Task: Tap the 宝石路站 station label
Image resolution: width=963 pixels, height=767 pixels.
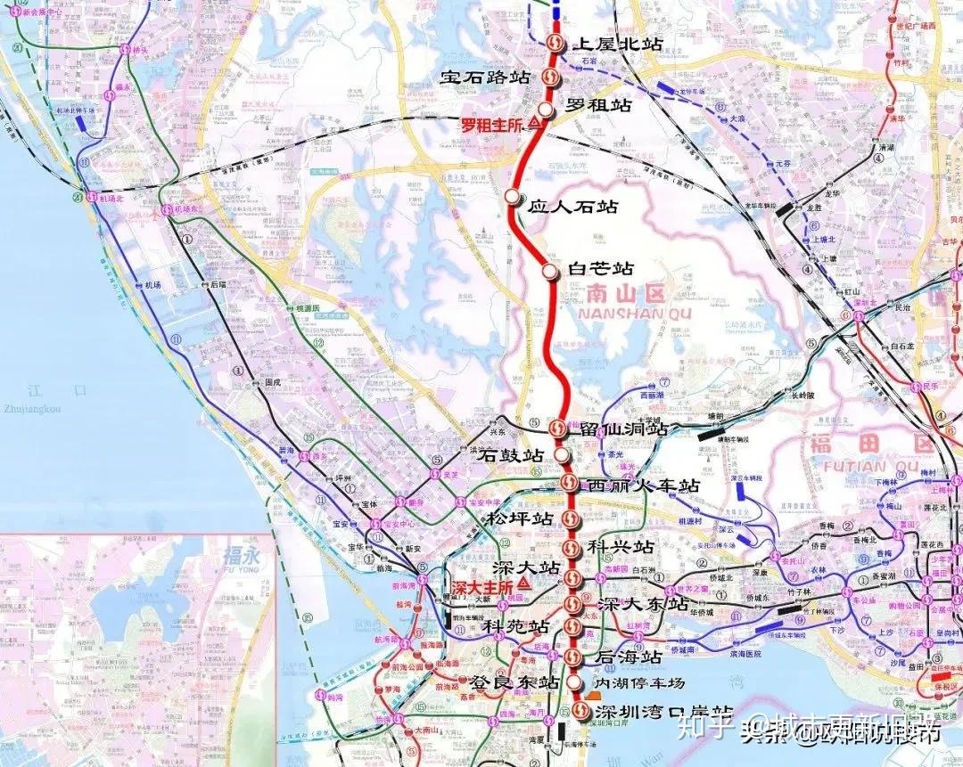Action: [486, 78]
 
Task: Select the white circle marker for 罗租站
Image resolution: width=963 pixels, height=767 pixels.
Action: [546, 108]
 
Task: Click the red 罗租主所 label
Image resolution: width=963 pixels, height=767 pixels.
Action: [490, 126]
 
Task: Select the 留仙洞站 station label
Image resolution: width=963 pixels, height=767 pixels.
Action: [623, 429]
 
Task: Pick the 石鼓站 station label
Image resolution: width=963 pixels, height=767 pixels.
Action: [511, 455]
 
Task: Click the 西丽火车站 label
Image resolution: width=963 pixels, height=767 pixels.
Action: [642, 486]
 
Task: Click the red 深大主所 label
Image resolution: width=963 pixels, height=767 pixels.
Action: [482, 587]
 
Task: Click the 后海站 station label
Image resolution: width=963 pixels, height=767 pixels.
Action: [629, 657]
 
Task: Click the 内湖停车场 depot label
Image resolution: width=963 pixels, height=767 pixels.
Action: [639, 683]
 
